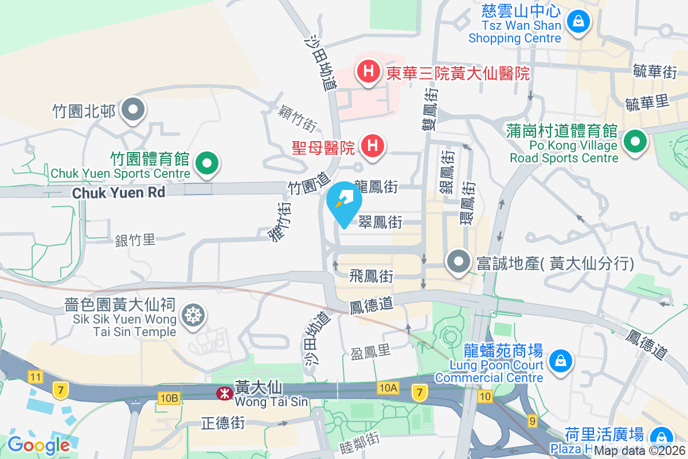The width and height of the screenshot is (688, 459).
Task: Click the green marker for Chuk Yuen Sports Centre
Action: click(x=208, y=163)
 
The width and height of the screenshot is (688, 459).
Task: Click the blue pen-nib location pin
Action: click(x=345, y=201)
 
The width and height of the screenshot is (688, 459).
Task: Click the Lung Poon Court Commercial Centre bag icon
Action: click(x=558, y=361)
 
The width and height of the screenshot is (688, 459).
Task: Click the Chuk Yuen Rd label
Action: click(x=119, y=193)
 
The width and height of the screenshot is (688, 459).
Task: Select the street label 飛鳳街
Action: click(x=372, y=276)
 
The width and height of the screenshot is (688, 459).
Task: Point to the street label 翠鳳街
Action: click(x=380, y=222)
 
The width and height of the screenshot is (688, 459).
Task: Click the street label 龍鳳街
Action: click(x=376, y=186)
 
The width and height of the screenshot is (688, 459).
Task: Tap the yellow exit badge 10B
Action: click(x=170, y=397)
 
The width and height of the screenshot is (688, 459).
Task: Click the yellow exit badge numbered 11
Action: click(x=36, y=377)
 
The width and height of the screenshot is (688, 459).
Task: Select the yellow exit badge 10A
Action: click(x=388, y=388)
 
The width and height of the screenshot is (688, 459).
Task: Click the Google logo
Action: click(x=38, y=445)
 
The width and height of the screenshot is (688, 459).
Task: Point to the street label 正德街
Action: click(x=223, y=423)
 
